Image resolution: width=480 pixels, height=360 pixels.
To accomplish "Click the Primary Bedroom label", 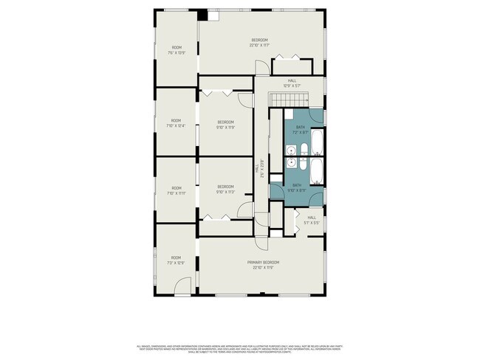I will (x=263, y=265).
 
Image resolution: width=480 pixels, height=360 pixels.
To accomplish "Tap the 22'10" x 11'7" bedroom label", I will (x=258, y=42).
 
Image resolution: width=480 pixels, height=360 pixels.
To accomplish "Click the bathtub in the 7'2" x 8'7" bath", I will (x=315, y=142).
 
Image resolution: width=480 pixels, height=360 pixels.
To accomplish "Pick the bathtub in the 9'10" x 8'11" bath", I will (x=315, y=170).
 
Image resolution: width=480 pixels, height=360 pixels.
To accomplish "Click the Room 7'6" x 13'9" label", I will (x=176, y=50).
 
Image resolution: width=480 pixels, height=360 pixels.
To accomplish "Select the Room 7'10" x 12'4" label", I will (x=176, y=123).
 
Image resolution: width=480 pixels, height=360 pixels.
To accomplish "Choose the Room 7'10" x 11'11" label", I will (x=176, y=190).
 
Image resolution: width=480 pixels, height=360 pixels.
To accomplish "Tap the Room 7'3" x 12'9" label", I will (x=176, y=260).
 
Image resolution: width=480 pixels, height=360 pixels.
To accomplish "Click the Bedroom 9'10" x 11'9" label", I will (x=225, y=125).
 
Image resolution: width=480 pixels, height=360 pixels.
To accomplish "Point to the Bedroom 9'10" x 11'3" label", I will (x=225, y=189).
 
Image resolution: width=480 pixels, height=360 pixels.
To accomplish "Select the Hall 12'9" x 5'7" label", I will (x=292, y=83).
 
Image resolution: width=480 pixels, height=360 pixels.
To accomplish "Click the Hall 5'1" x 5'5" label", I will (x=312, y=220).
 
